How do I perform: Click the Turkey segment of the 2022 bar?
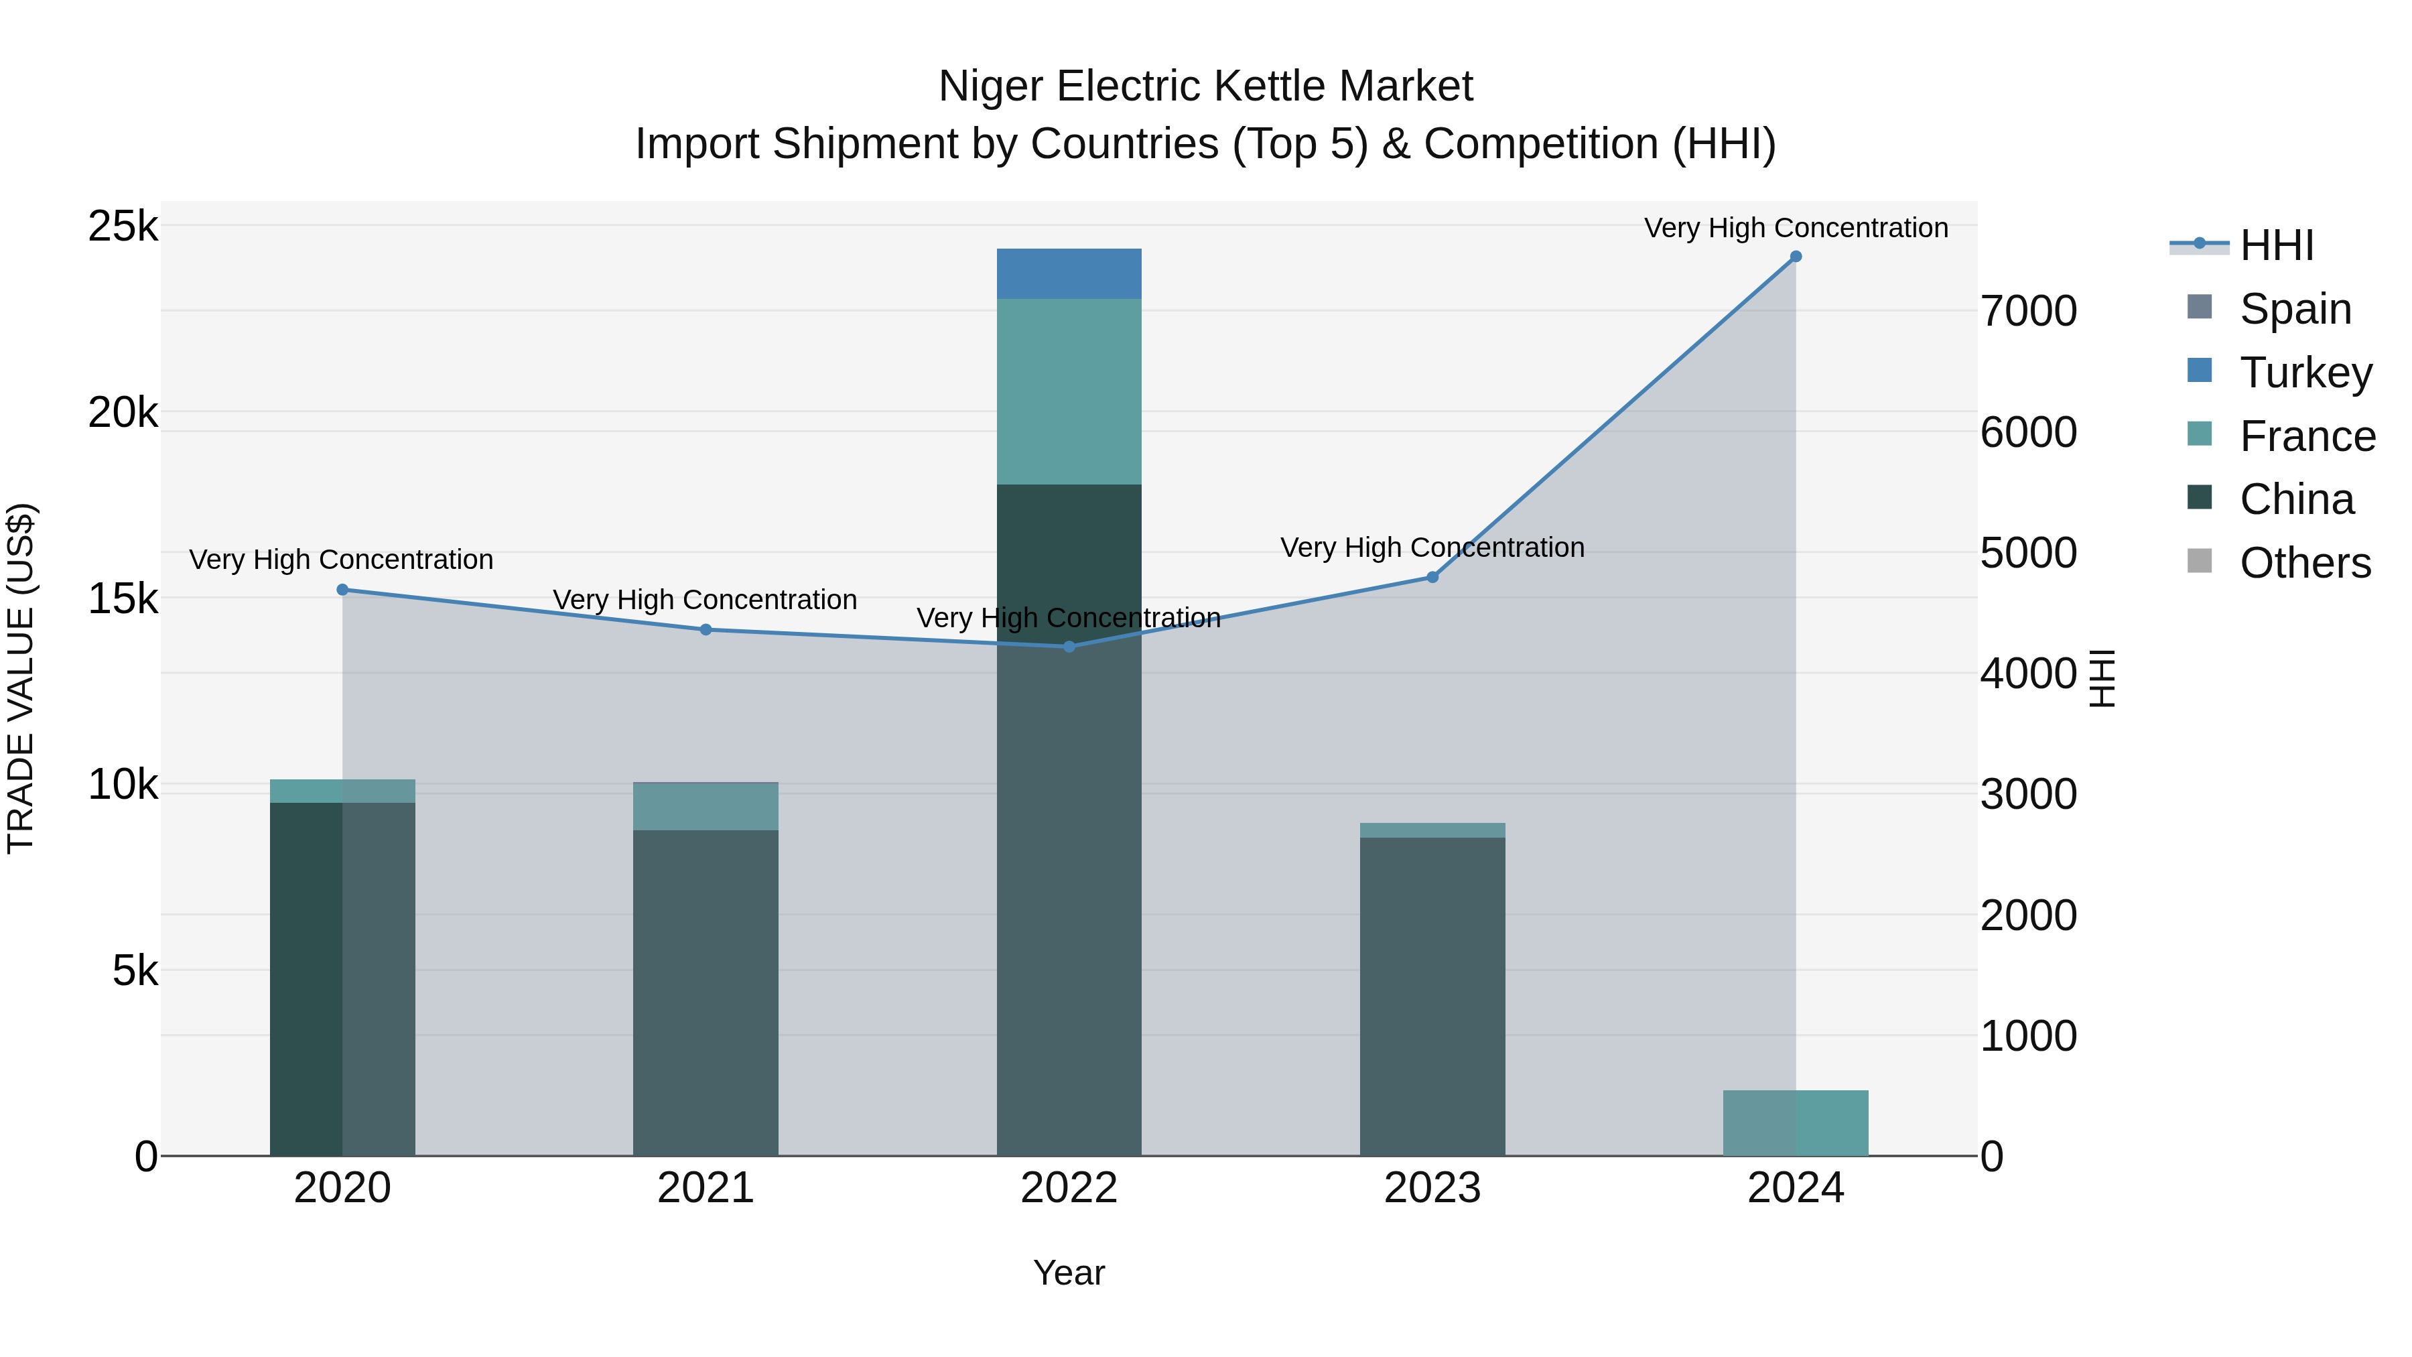coord(1069,273)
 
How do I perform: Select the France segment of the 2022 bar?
coord(1069,391)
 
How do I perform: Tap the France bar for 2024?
coord(1795,1123)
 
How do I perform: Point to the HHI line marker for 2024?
coord(1795,257)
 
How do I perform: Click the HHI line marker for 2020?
coord(342,590)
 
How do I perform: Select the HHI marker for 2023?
coord(1432,578)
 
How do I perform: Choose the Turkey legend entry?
coord(2305,373)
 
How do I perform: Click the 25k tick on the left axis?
coord(123,227)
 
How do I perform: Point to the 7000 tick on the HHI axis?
coord(2028,312)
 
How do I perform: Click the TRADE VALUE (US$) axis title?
coord(21,678)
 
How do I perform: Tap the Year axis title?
coord(1069,1274)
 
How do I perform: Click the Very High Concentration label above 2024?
coord(1795,229)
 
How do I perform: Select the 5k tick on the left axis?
coord(135,971)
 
